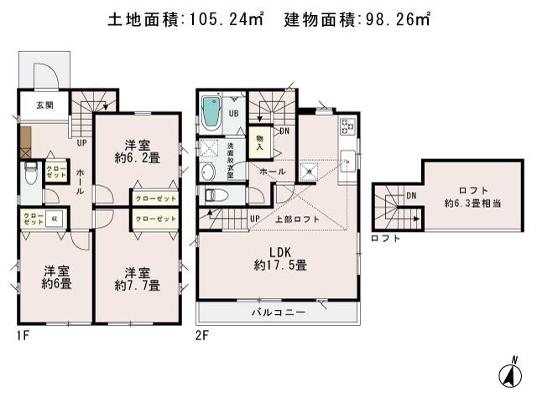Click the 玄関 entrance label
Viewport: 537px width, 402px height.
pyautogui.click(x=34, y=106)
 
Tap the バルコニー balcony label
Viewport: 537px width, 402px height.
pyautogui.click(x=278, y=312)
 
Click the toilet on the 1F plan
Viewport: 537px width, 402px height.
pyautogui.click(x=31, y=176)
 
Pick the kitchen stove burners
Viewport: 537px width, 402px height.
pyautogui.click(x=347, y=127)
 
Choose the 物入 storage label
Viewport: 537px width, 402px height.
pyautogui.click(x=259, y=143)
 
